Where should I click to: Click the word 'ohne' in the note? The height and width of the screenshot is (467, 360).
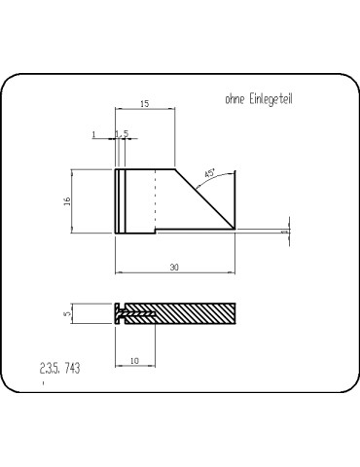tap(234, 98)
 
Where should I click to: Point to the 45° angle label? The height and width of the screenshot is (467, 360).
tap(209, 174)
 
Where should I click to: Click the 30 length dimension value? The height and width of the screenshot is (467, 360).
tap(175, 266)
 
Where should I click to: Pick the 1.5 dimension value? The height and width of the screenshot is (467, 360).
tap(123, 135)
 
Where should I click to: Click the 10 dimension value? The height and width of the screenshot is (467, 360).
tap(134, 360)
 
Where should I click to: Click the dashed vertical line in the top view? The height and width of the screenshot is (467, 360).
tap(155, 200)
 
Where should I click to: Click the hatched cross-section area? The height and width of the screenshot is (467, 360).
tap(195, 313)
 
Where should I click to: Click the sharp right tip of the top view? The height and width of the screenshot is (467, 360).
tap(236, 230)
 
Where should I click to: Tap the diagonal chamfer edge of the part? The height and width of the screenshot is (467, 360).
tap(206, 199)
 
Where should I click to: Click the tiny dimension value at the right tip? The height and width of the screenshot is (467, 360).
tap(284, 233)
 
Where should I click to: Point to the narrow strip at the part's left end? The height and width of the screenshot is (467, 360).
tap(118, 200)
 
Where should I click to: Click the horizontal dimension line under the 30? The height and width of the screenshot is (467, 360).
tap(175, 272)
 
